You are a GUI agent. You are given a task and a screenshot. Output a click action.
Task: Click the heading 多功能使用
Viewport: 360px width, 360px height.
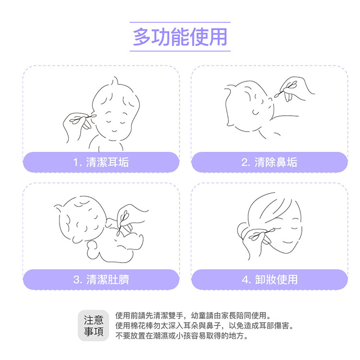click(180, 37)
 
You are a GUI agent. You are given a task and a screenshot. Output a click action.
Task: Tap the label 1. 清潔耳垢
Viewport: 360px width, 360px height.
click(101, 162)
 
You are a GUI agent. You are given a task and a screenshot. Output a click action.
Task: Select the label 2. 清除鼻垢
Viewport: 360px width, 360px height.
click(269, 162)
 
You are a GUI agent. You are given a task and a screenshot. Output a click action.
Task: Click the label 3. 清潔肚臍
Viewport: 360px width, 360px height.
click(101, 279)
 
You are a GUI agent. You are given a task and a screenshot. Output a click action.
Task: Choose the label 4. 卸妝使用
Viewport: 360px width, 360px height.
click(270, 279)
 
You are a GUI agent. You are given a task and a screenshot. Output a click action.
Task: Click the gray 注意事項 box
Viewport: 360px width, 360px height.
click(94, 325)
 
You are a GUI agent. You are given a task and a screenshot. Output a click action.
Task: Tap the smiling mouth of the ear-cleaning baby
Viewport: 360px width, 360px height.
click(114, 131)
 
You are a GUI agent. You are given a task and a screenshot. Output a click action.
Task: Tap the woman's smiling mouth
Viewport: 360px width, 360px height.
click(287, 242)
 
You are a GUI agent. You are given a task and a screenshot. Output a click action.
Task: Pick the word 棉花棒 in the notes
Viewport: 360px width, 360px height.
click(142, 325)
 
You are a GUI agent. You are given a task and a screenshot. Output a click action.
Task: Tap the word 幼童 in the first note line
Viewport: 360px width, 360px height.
click(199, 315)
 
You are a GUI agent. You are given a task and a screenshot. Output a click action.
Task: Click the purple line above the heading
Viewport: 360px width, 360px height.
click(180, 22)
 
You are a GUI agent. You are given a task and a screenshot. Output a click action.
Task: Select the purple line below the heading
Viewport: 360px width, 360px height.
click(180, 51)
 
